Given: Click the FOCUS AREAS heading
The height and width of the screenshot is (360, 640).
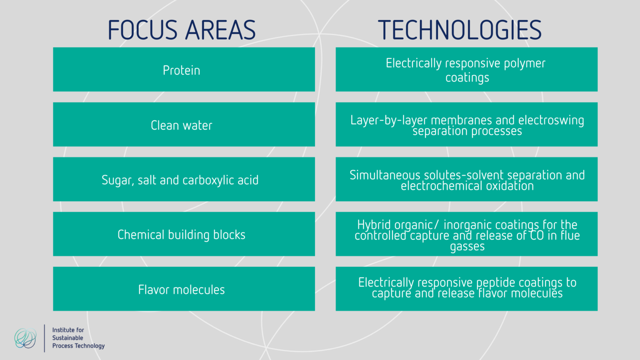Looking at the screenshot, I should (182, 30).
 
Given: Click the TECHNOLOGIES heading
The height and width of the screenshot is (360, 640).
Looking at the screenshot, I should (460, 30).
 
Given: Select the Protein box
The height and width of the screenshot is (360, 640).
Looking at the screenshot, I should (184, 70).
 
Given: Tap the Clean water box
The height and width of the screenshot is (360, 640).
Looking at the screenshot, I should (184, 125).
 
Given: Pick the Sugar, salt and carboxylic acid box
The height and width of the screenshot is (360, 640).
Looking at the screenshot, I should (184, 180).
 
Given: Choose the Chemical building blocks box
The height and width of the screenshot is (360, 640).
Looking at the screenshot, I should (184, 234).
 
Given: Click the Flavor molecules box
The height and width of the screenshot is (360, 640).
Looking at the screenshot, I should (184, 289).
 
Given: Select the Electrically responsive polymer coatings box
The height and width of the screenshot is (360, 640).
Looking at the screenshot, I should (466, 70).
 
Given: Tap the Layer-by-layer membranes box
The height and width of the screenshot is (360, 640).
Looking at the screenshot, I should (466, 125).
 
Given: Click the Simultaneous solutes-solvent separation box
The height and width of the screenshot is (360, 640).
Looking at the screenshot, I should (466, 180).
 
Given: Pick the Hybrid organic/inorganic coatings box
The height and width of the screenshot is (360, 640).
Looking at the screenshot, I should (466, 234).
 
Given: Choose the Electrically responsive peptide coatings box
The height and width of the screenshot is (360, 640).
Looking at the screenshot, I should (466, 289).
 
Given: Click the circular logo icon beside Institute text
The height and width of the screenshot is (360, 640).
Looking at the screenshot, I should (25, 338).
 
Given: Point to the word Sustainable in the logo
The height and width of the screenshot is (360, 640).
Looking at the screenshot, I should (67, 338).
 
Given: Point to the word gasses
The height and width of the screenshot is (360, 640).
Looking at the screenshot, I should (467, 247).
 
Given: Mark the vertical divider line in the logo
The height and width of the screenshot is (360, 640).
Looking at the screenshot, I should (45, 338).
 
